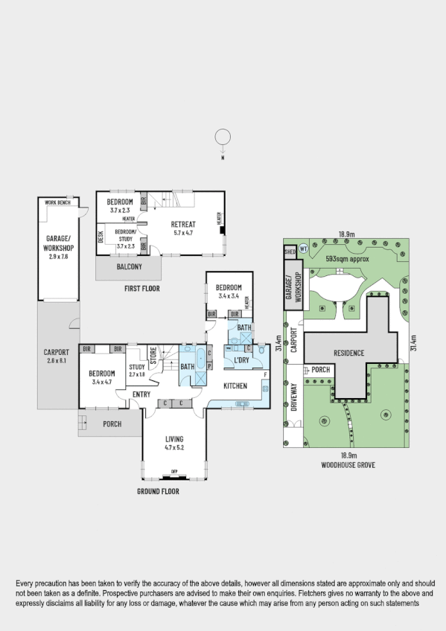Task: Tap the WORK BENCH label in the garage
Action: tap(57, 202)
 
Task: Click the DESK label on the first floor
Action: tap(101, 237)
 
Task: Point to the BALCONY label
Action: tap(128, 267)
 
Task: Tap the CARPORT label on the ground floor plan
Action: tap(57, 356)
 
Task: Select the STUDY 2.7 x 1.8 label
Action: tap(136, 370)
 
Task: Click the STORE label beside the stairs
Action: tap(153, 356)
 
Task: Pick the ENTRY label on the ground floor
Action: tap(141, 394)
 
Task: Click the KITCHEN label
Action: tap(235, 385)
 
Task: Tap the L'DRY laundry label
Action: tap(242, 361)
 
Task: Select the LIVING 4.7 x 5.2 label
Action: tap(173, 443)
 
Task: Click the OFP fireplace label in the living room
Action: tap(174, 472)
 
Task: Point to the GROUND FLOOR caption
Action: tap(158, 491)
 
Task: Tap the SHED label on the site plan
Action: tap(290, 253)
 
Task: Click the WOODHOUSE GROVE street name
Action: tap(348, 464)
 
